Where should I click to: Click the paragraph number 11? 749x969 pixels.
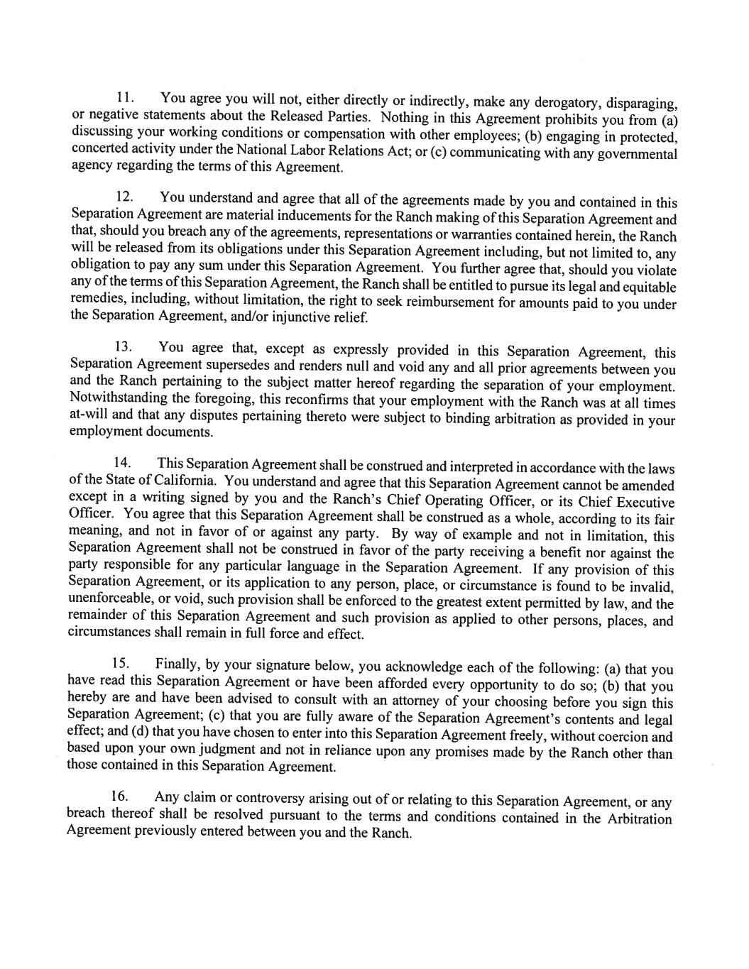[125, 97]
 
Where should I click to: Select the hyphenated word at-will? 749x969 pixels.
[89, 415]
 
